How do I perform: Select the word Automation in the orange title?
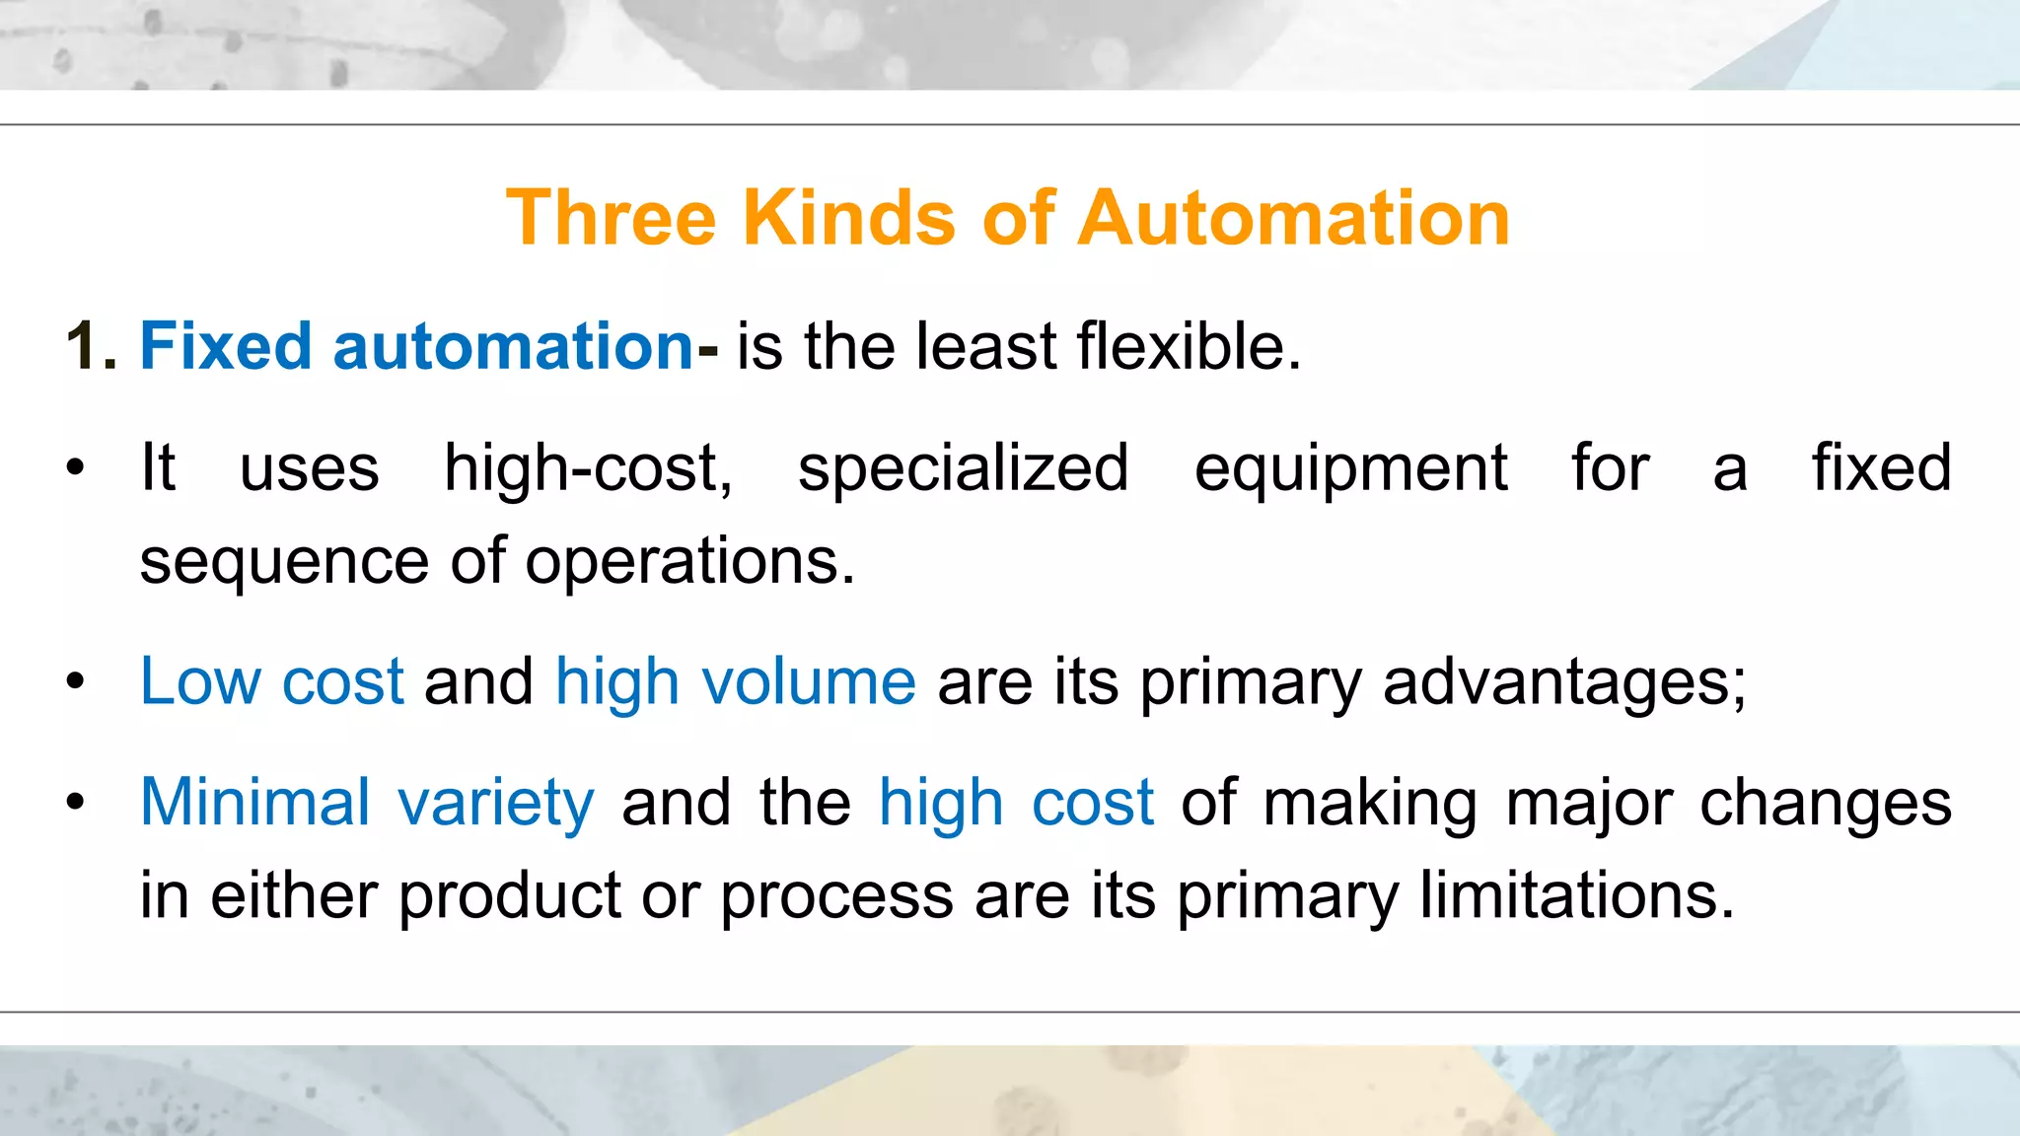click(1294, 218)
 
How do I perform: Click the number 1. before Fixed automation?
click(92, 346)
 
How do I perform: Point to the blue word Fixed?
click(226, 346)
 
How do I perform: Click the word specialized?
click(963, 467)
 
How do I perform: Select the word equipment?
click(1350, 469)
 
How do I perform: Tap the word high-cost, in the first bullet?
click(588, 467)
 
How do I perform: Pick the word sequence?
click(284, 562)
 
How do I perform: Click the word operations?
click(689, 562)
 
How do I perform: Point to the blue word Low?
click(200, 681)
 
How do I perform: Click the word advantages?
click(1564, 683)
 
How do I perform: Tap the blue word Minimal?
click(254, 802)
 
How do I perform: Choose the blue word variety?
click(496, 804)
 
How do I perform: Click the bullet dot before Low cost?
click(76, 681)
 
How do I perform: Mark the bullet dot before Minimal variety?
click(76, 802)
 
